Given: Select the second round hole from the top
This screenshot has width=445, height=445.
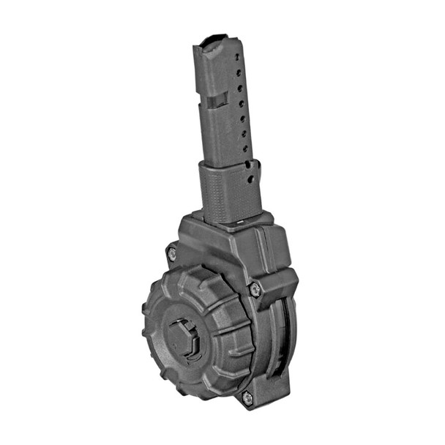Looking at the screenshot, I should coord(238,74).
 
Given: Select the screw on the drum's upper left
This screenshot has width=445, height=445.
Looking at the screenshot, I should coord(172,253).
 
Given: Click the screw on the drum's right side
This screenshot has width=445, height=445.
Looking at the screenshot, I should coord(255,290).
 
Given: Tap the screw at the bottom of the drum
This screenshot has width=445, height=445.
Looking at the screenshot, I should coord(247,397).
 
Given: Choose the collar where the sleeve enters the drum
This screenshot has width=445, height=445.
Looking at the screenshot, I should coord(227,219).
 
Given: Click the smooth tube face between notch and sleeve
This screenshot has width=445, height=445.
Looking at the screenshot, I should coord(220,135).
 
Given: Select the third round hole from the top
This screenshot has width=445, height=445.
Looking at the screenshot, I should coord(239,89).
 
